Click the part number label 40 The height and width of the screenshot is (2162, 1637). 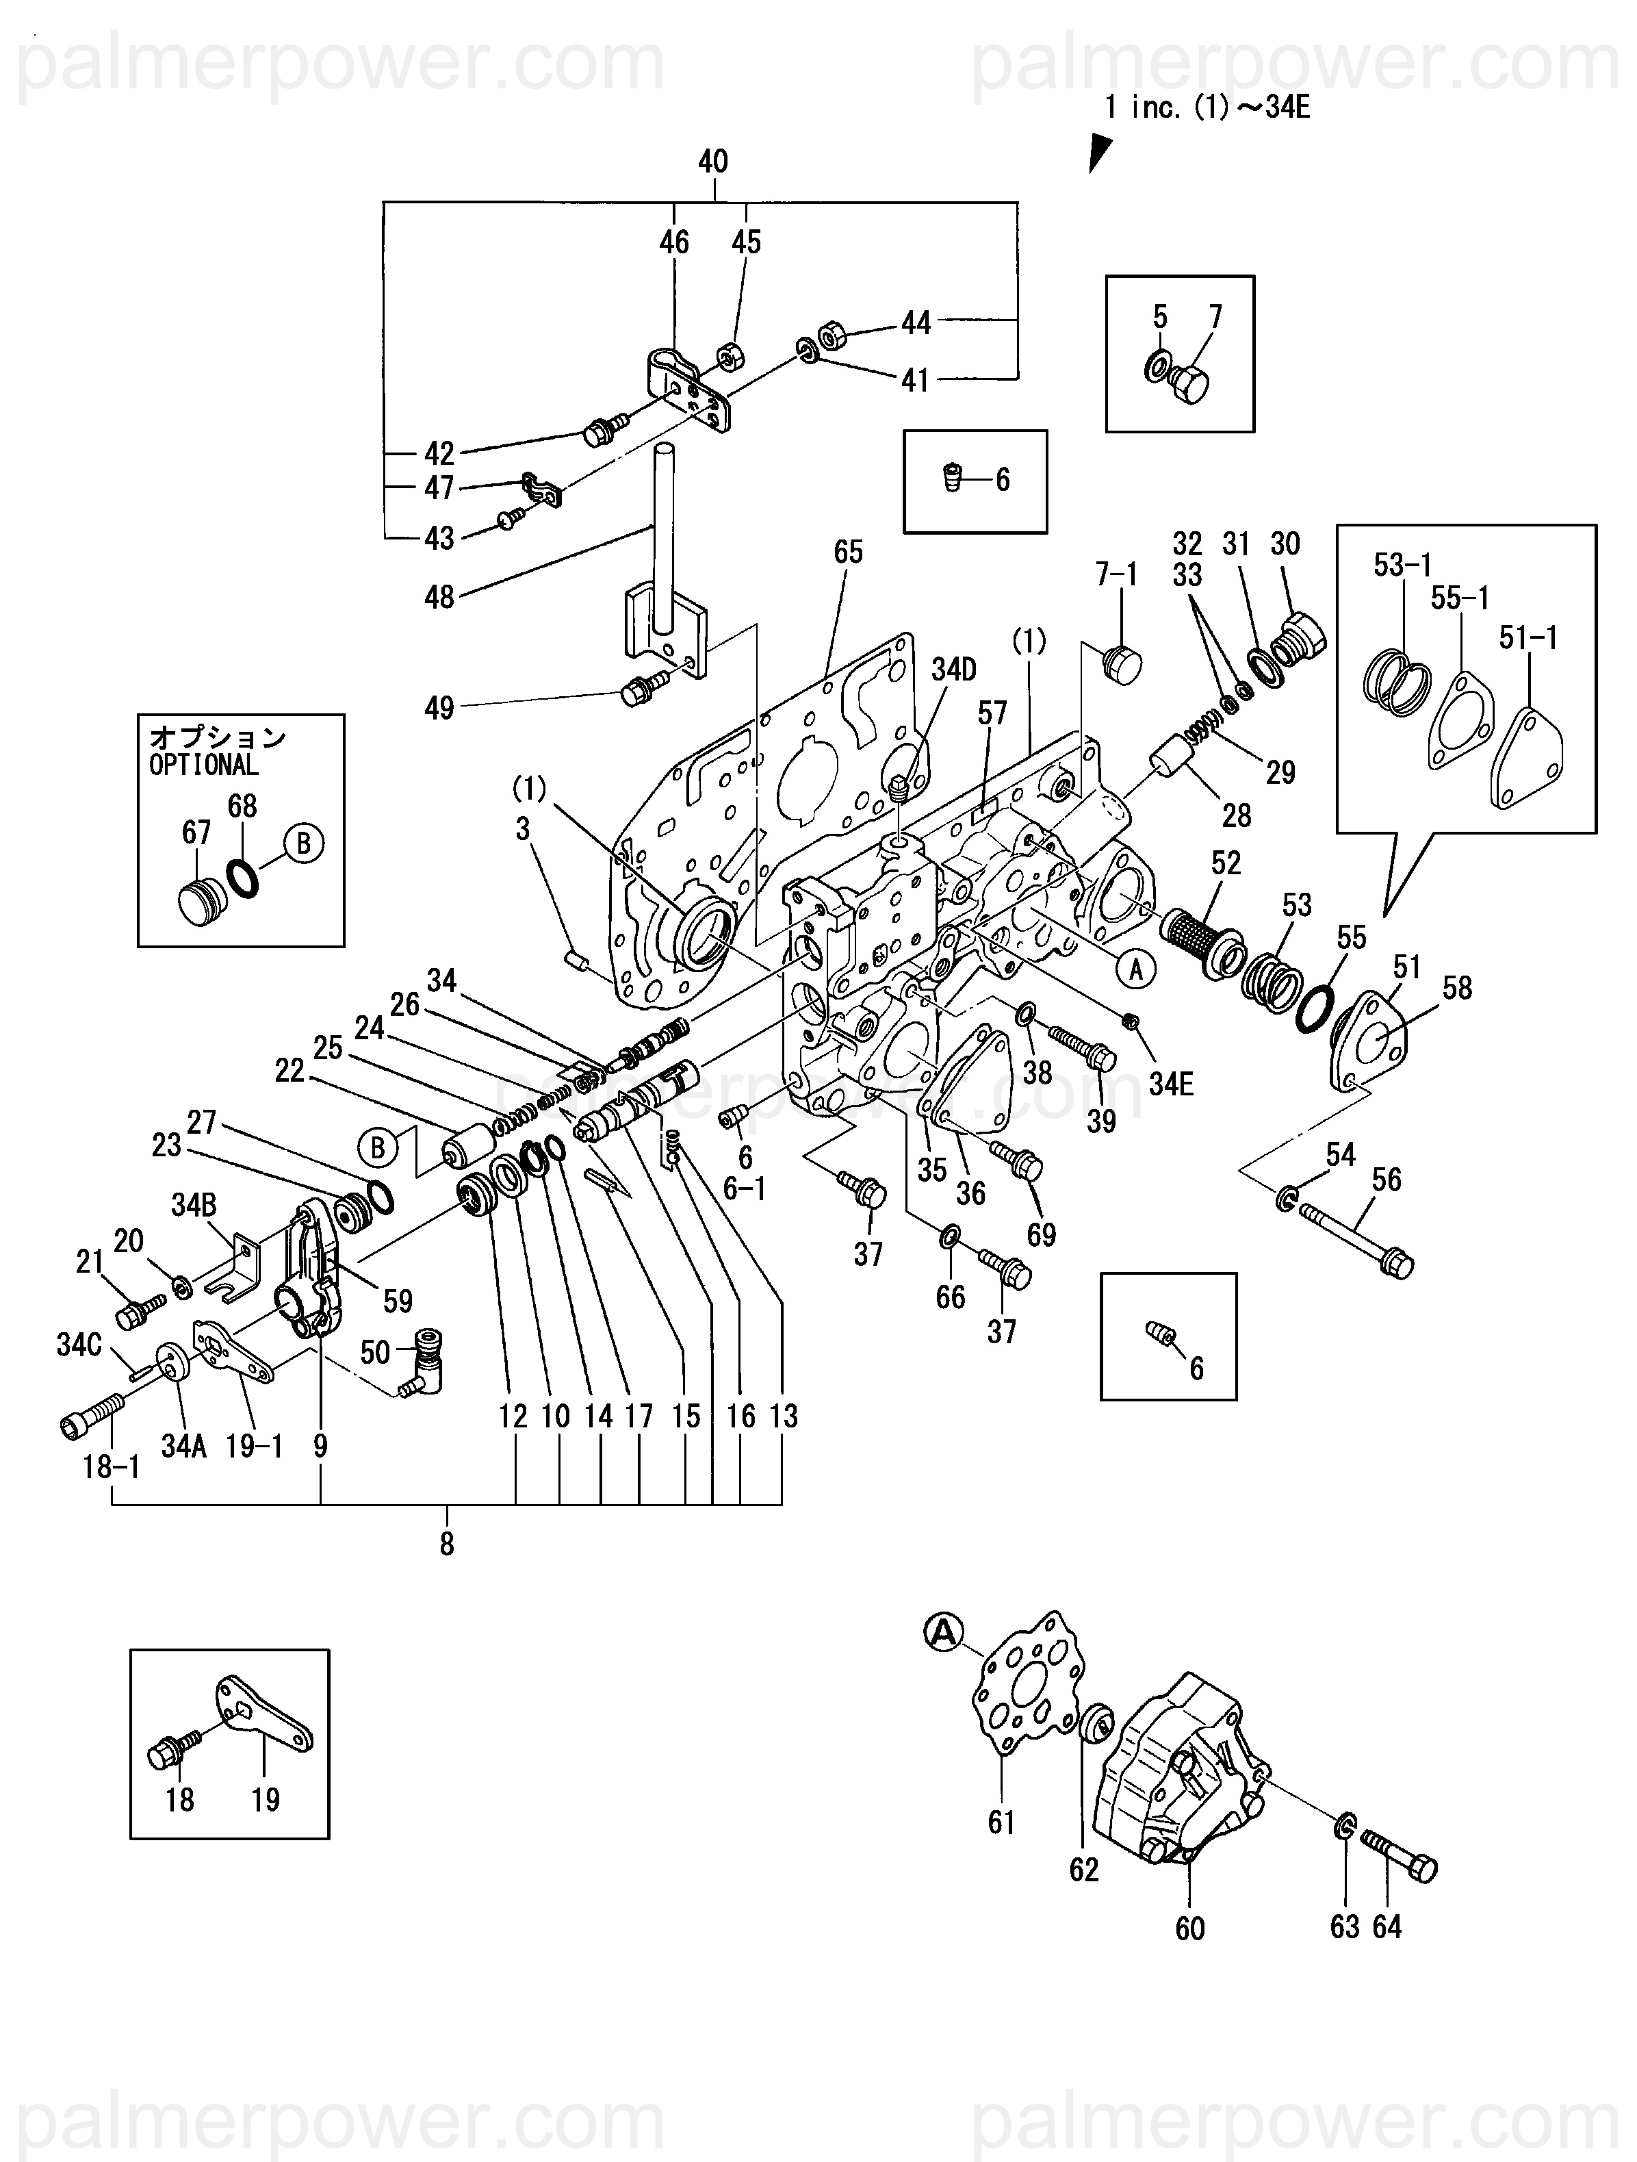(x=712, y=162)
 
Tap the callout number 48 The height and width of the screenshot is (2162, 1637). (x=439, y=596)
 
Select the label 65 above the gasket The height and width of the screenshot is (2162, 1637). (x=847, y=552)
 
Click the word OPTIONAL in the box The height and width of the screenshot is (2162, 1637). (x=203, y=765)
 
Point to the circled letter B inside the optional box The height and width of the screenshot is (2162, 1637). (x=303, y=843)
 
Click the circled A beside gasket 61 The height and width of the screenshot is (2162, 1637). (x=943, y=1631)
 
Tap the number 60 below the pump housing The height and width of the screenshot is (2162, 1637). (x=1189, y=1929)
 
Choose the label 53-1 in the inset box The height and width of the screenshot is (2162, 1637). (x=1402, y=564)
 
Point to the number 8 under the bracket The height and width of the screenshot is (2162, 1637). (x=447, y=1544)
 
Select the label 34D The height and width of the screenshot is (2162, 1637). (x=953, y=670)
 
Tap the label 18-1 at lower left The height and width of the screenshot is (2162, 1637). (x=112, y=1467)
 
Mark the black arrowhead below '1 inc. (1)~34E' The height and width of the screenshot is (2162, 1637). (x=1100, y=153)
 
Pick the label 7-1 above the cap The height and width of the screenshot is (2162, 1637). (x=1116, y=574)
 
